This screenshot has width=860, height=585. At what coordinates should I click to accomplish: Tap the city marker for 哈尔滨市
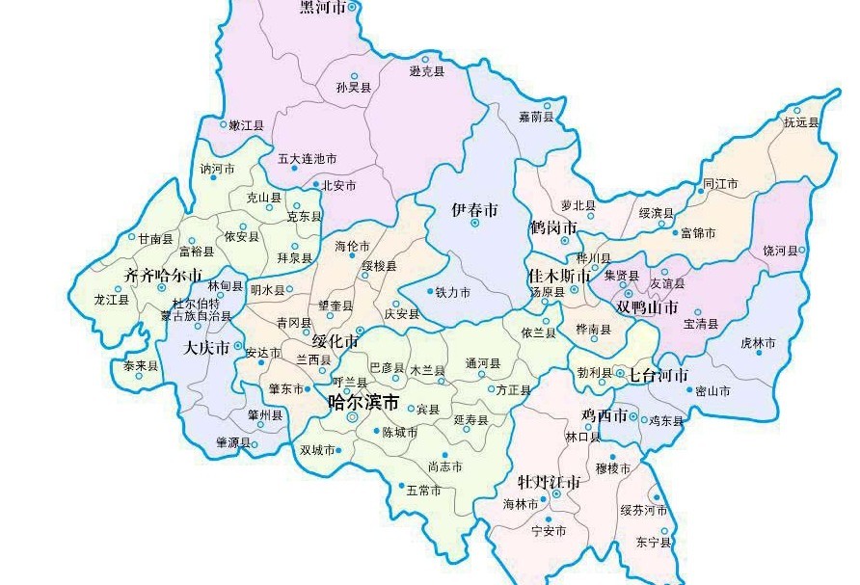[x=352, y=417]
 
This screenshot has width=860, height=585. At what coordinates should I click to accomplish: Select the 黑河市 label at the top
[x=322, y=8]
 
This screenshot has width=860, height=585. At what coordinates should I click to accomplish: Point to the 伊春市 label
[x=475, y=209]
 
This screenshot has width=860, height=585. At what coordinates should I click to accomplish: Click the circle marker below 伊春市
[x=475, y=223]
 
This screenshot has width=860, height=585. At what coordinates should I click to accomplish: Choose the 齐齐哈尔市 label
[x=164, y=276]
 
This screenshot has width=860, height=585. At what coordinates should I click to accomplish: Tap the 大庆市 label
[x=206, y=347]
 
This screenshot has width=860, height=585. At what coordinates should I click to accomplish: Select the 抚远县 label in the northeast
[x=800, y=122]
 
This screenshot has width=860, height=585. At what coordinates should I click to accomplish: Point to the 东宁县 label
[x=652, y=543]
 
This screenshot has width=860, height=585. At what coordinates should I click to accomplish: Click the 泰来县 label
[x=141, y=366]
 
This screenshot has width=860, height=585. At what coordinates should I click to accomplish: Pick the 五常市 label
[x=423, y=491]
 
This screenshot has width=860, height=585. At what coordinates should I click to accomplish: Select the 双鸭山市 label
[x=647, y=306]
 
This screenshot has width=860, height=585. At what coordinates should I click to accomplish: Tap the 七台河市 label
[x=658, y=375]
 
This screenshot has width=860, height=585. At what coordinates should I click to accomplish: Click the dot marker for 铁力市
[x=429, y=291]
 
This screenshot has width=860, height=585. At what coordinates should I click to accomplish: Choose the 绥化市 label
[x=336, y=341]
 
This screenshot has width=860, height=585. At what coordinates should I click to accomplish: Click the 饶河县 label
[x=781, y=251]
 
